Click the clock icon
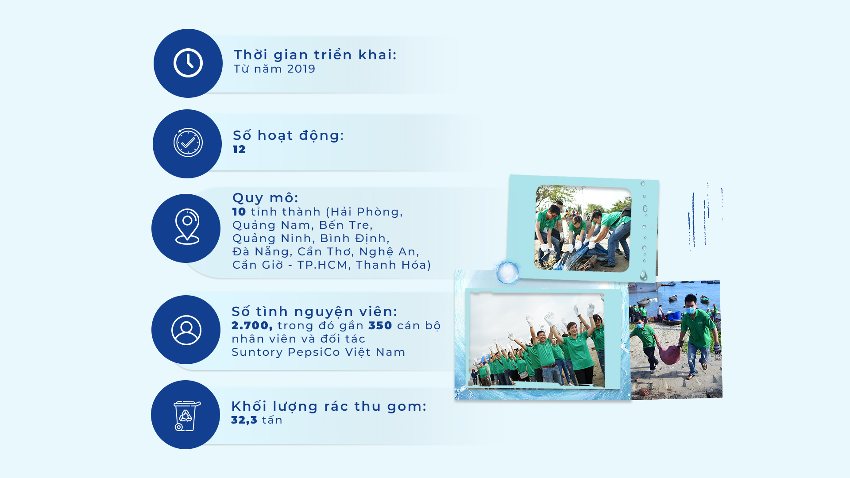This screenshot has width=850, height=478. (188, 63)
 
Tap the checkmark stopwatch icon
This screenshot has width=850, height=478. (188, 143)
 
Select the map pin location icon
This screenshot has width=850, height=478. (187, 227)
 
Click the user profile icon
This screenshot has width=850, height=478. (186, 330)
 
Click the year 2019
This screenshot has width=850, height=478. (301, 69)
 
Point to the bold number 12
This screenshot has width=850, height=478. (239, 150)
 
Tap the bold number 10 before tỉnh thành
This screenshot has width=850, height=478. (239, 212)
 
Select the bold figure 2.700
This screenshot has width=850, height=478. (252, 326)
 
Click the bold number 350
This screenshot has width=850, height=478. (380, 326)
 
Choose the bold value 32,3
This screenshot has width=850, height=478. (244, 420)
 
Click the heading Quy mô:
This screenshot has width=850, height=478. (266, 198)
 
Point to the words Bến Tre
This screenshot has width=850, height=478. (346, 225)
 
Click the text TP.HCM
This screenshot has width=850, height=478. (322, 265)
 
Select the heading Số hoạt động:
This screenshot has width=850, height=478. (289, 135)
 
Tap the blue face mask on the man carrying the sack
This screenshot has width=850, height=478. (691, 311)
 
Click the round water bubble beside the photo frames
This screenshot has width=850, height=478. (507, 272)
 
